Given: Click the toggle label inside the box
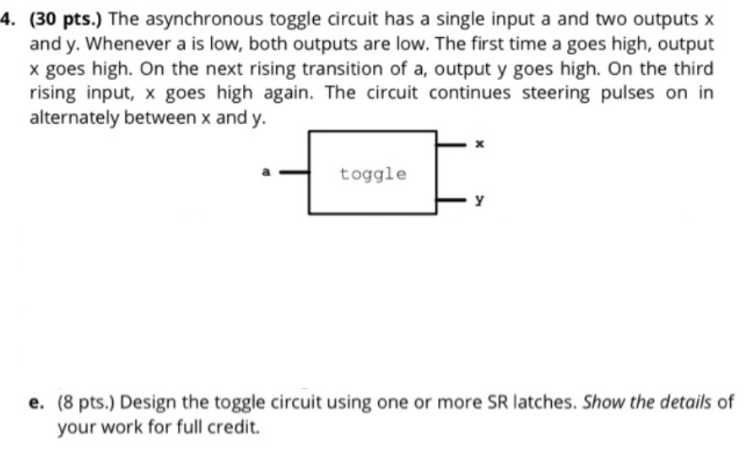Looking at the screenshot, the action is point(373,174).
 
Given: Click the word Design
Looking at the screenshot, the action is point(149,401).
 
